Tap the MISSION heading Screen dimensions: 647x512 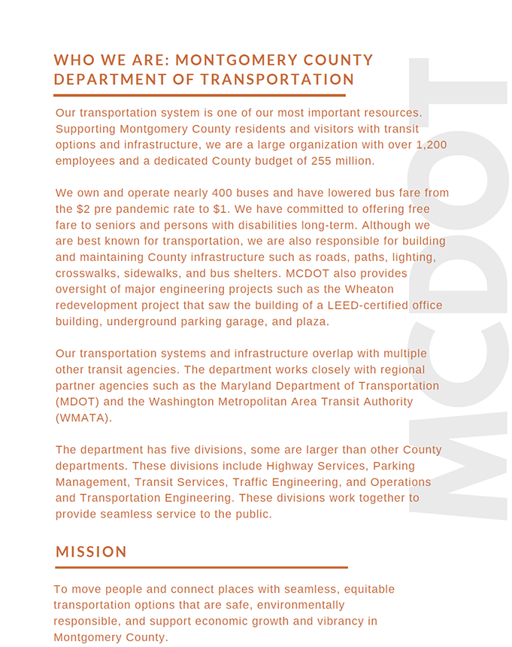coord(91,552)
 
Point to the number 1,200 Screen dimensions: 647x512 coord(432,144)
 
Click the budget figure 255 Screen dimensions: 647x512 coord(318,161)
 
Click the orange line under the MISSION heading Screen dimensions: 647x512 coord(201,567)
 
